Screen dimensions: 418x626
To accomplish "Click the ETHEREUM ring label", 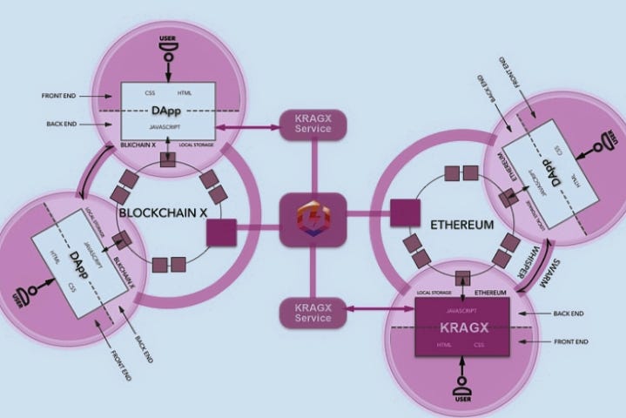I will pyautogui.click(x=462, y=225).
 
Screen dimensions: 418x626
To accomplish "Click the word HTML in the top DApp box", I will pyautogui.click(x=185, y=93).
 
